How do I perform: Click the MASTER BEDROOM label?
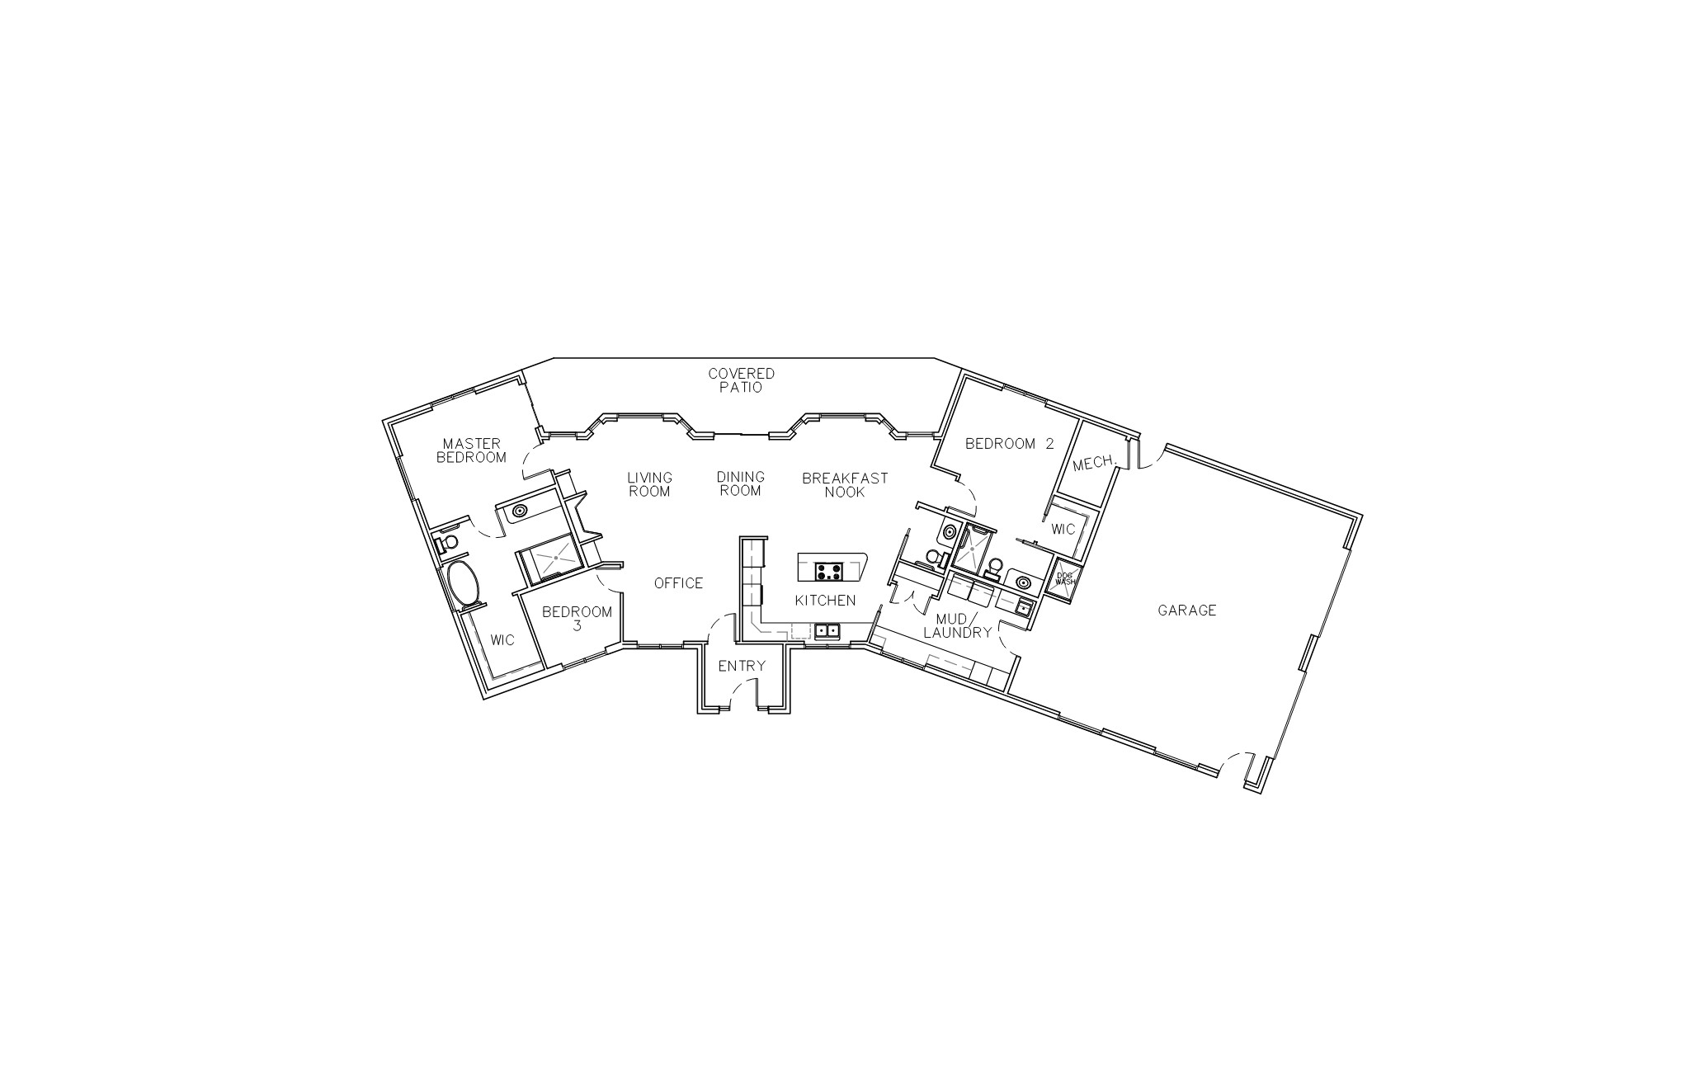[471, 450]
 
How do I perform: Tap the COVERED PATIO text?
[742, 380]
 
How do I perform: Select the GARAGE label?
[1187, 610]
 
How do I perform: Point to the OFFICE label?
[678, 583]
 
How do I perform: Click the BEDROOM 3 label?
[577, 619]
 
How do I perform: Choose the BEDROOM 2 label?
[1010, 444]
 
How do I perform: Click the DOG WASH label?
[1065, 578]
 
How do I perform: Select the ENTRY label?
[742, 667]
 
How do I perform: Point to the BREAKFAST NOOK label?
[845, 484]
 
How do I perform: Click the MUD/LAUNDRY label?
[957, 626]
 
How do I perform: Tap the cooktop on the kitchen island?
[828, 571]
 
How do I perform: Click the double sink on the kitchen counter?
[827, 632]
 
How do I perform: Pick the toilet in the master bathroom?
[446, 542]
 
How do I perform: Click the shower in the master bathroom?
[554, 558]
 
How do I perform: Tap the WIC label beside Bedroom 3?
[502, 640]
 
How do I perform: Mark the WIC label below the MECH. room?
[1063, 529]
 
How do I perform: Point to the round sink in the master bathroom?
[520, 511]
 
